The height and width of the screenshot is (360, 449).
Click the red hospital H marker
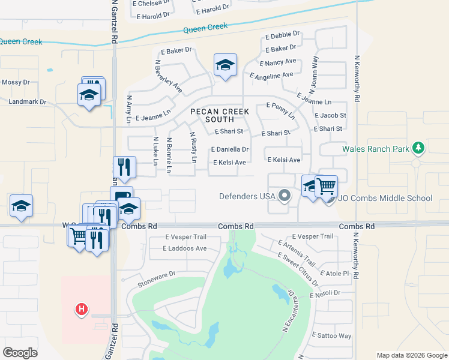pos(82,310)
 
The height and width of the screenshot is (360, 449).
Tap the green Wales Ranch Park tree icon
pos(419,148)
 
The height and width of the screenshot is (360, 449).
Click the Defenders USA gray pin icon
pos(285,196)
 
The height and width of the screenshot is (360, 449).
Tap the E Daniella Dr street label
pos(230,149)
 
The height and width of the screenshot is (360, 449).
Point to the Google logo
pos(20,353)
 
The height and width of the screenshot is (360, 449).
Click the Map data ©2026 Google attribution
pos(411,355)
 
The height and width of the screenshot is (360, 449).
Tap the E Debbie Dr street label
pos(282,36)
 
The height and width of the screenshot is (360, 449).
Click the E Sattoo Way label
pos(334,336)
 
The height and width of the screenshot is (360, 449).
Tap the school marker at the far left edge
pos(22,206)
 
